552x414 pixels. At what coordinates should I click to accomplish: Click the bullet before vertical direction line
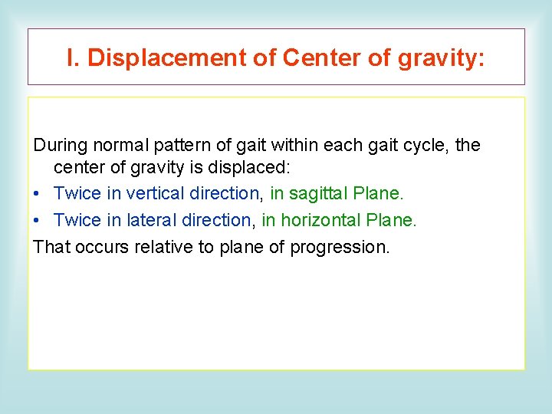[x=38, y=194]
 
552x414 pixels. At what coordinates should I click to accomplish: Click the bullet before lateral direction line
[x=38, y=221]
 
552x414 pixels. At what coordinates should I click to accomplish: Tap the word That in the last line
[x=50, y=247]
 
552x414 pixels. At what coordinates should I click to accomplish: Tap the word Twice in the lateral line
[x=77, y=221]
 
